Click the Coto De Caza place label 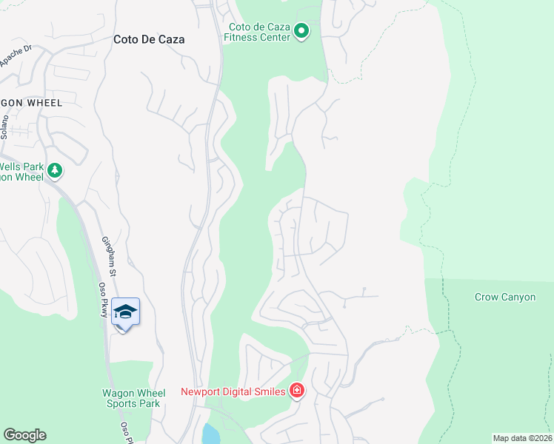pyautogui.click(x=149, y=40)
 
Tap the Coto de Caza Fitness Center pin pyautogui.click(x=301, y=31)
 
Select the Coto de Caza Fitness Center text pyautogui.click(x=258, y=31)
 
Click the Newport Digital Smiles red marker pyautogui.click(x=296, y=390)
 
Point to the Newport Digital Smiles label pyautogui.click(x=233, y=391)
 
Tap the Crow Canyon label pyautogui.click(x=505, y=297)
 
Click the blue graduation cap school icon pyautogui.click(x=125, y=312)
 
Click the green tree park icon pyautogui.click(x=54, y=171)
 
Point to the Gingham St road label pyautogui.click(x=108, y=252)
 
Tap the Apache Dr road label pyautogui.click(x=16, y=56)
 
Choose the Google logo pyautogui.click(x=24, y=435)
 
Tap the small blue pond pyautogui.click(x=210, y=434)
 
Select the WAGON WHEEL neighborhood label pyautogui.click(x=30, y=102)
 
